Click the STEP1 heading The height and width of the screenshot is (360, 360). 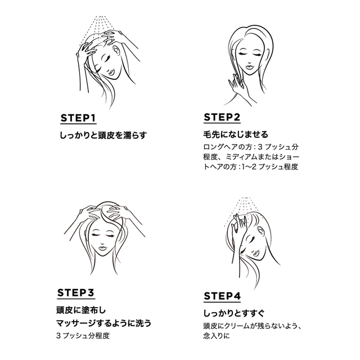click(78, 118)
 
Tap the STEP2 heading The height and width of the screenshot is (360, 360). click(222, 117)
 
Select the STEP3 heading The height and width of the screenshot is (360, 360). click(76, 292)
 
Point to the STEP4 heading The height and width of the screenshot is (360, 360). click(222, 296)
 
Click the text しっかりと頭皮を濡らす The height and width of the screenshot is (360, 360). click(103, 135)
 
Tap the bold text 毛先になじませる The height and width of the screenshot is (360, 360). click(236, 134)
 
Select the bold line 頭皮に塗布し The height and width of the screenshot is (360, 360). click(81, 310)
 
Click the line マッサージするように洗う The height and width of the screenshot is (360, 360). click(103, 323)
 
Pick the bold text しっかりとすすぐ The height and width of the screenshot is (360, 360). click(234, 313)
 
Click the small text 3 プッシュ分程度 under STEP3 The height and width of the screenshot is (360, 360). click(83, 336)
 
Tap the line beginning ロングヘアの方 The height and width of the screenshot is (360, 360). click(251, 146)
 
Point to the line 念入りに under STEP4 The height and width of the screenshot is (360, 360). click(217, 336)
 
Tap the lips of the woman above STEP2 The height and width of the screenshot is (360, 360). click(249, 67)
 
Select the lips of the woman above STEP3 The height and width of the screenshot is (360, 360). click(102, 248)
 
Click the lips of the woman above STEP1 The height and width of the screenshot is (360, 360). click(112, 73)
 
